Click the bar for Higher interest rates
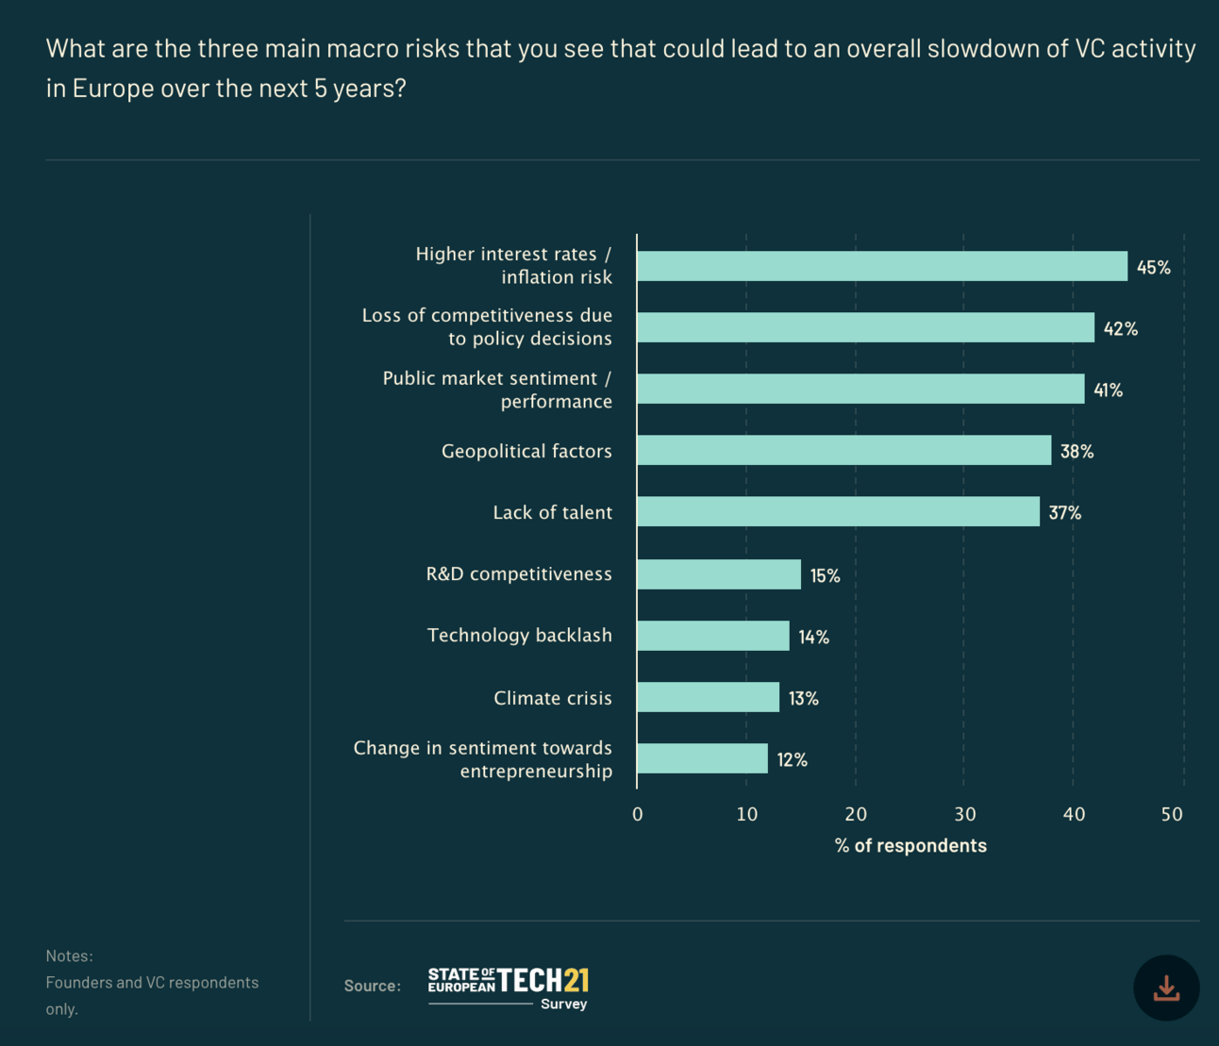click(x=882, y=266)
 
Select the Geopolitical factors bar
click(x=844, y=450)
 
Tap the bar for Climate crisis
click(x=709, y=697)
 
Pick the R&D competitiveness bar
click(x=719, y=574)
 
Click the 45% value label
click(x=1153, y=268)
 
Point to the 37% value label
click(x=1064, y=513)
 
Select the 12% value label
click(x=792, y=760)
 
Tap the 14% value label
click(x=813, y=638)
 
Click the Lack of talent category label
click(x=552, y=513)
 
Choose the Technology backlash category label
click(x=519, y=636)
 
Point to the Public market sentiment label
click(x=497, y=390)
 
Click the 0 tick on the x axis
click(x=638, y=815)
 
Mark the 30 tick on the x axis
click(x=964, y=815)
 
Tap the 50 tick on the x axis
click(x=1172, y=815)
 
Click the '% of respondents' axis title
click(x=910, y=846)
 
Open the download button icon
click(x=1166, y=988)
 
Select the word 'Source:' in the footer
click(x=372, y=986)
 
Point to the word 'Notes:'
click(x=69, y=956)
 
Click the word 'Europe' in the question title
click(x=107, y=89)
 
